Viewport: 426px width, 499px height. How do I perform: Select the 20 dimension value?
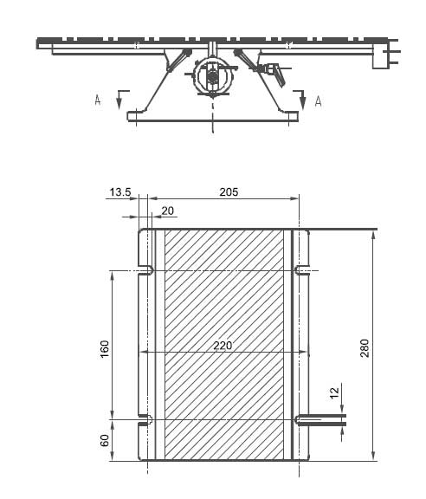(x=167, y=211)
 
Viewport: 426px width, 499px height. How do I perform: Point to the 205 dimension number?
(x=227, y=191)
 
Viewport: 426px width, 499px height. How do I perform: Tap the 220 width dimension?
(x=223, y=345)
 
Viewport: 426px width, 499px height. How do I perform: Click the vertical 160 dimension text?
(x=105, y=351)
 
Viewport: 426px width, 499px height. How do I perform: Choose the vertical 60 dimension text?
(x=105, y=440)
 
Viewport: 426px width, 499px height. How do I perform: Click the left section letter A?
(x=98, y=100)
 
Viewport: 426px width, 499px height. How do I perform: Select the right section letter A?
(x=318, y=101)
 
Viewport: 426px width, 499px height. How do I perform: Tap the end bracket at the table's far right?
(x=382, y=55)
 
